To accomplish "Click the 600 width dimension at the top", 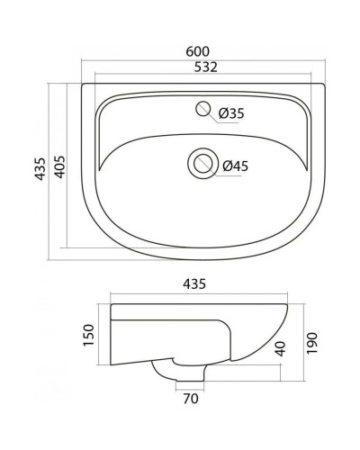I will (x=202, y=51).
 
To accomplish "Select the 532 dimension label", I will (x=202, y=67).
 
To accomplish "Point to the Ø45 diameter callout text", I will (x=236, y=165).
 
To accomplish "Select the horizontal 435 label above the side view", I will (x=196, y=283).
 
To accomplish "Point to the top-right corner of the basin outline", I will (x=323, y=86).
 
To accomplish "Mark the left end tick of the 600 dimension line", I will (x=80, y=60).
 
